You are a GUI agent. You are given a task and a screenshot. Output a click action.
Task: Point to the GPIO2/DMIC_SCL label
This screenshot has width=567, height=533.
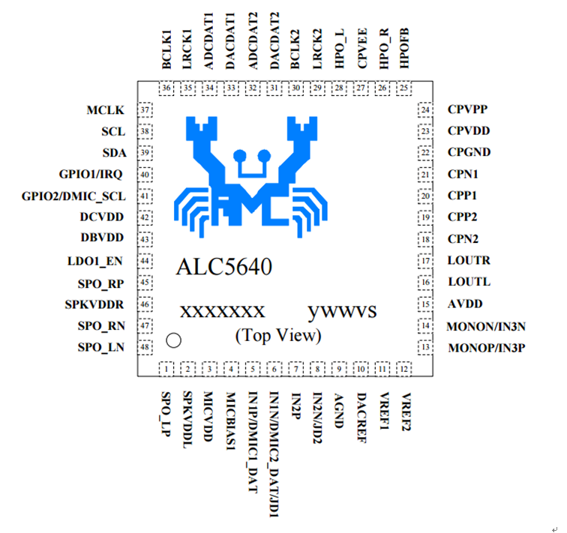click(x=73, y=196)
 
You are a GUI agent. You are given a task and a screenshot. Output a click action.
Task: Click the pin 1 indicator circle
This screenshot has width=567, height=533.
click(x=173, y=340)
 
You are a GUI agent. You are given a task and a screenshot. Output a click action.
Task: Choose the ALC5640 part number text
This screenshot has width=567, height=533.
click(x=224, y=267)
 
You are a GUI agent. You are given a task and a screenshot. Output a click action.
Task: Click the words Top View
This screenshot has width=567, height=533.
click(x=277, y=334)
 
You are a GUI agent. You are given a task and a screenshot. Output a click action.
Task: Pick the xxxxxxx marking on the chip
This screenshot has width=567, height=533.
click(x=221, y=311)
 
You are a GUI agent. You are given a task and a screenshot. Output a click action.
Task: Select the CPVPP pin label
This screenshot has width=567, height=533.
click(x=469, y=109)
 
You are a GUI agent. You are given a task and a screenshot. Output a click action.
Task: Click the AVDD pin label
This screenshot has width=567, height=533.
click(x=466, y=304)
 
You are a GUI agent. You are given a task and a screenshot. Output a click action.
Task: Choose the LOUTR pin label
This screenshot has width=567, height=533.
click(x=469, y=261)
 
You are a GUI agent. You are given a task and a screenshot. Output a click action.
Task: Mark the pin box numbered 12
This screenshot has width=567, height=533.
click(x=405, y=369)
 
